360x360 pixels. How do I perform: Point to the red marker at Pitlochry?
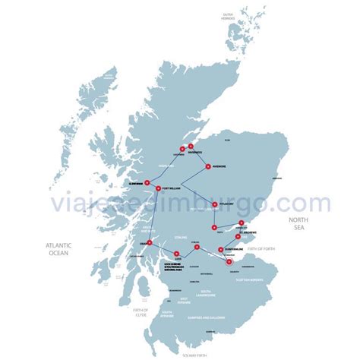pyautogui.click(x=215, y=204)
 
